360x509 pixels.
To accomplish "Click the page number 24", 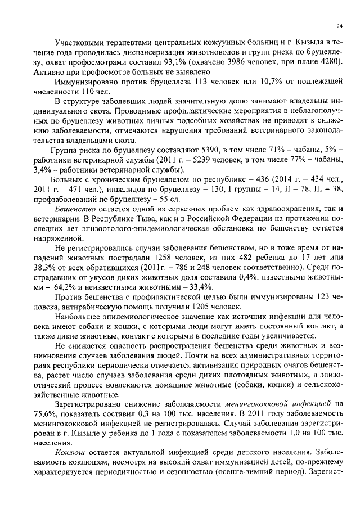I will [x=339, y=25].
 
